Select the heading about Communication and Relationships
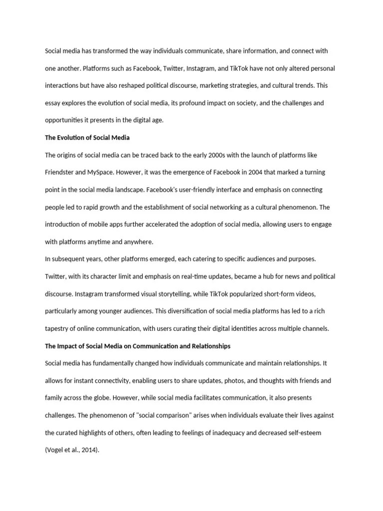[138, 346]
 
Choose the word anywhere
[137, 242]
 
